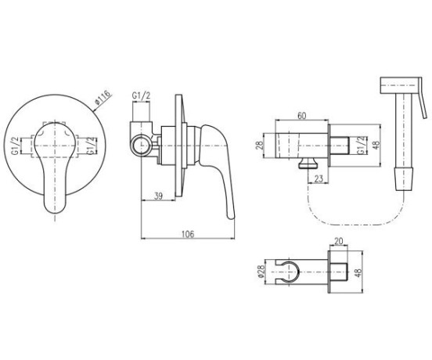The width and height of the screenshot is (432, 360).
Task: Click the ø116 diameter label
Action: click(x=103, y=98)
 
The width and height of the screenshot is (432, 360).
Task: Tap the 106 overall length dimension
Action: click(x=188, y=234)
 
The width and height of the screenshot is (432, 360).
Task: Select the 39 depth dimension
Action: click(x=158, y=196)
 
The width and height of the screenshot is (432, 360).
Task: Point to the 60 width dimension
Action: click(x=302, y=116)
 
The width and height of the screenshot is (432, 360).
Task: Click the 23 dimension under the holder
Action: click(x=319, y=179)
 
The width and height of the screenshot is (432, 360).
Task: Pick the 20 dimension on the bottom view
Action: click(x=338, y=241)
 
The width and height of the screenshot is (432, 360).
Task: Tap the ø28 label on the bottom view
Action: click(x=261, y=272)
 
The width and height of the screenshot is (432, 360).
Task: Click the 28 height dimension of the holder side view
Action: click(x=260, y=146)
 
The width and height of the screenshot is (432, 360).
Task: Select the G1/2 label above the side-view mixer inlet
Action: click(x=141, y=95)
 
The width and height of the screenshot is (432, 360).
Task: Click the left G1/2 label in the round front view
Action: click(x=16, y=146)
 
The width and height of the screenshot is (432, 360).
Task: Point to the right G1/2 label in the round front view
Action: click(x=93, y=146)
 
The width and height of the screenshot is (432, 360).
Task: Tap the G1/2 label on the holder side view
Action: click(x=362, y=145)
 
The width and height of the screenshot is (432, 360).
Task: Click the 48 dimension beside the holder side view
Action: click(x=376, y=145)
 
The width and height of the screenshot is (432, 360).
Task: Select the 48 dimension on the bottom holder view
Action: click(x=358, y=272)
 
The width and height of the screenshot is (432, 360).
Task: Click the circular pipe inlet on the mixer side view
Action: click(x=141, y=145)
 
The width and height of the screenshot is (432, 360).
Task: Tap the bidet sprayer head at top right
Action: click(x=399, y=85)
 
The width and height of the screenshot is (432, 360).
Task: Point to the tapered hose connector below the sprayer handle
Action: click(x=404, y=178)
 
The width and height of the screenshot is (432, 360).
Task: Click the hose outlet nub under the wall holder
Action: click(x=308, y=163)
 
